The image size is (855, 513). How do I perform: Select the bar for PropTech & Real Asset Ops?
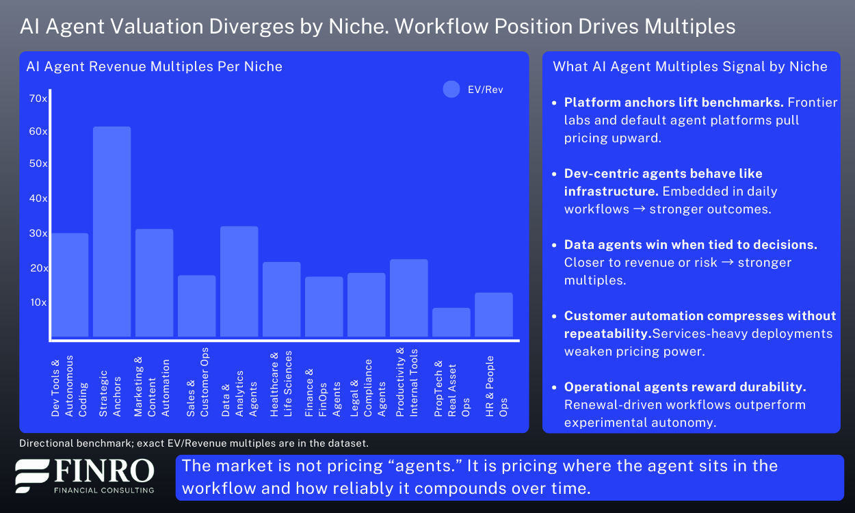click(x=451, y=322)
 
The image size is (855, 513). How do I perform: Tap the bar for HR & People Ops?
click(x=493, y=315)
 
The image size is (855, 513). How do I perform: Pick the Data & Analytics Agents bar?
click(x=239, y=281)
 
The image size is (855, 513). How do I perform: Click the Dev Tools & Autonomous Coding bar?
click(x=69, y=285)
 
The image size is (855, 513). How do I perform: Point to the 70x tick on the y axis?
click(x=38, y=98)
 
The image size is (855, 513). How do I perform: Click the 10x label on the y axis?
click(x=38, y=302)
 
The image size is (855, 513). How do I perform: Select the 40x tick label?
click(x=38, y=198)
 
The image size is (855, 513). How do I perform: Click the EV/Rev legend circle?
click(x=451, y=90)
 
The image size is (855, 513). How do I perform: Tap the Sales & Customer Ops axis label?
click(x=197, y=382)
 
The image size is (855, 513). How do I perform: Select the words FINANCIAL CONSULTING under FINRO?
click(x=104, y=489)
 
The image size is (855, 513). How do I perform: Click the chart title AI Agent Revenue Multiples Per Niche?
click(x=154, y=66)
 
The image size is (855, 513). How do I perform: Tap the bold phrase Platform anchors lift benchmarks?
click(x=674, y=103)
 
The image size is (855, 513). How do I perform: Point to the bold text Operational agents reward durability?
click(x=685, y=387)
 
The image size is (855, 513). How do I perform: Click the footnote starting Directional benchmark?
click(x=194, y=443)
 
